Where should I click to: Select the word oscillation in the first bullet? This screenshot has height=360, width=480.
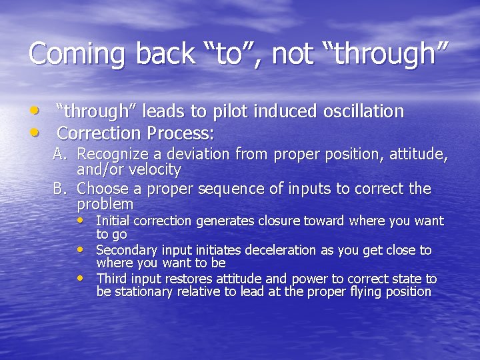(x=363, y=111)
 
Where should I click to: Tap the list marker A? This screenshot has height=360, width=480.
(x=61, y=155)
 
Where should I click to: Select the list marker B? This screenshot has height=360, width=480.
(x=61, y=189)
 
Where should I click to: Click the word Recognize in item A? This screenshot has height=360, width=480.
(x=111, y=155)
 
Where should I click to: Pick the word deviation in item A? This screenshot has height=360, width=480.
(x=201, y=155)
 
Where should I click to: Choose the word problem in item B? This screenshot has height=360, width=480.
(x=105, y=204)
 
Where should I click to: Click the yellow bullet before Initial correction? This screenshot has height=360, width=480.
(x=81, y=220)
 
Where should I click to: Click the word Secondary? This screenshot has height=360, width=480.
(x=125, y=250)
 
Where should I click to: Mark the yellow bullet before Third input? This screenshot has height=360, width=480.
(x=81, y=278)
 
